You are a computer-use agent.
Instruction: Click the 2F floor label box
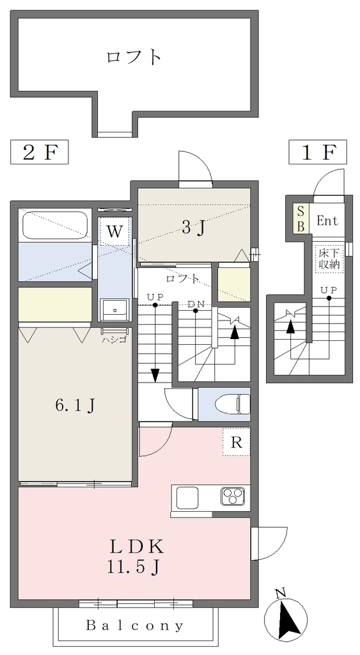39,153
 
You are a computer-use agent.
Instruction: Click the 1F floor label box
318,153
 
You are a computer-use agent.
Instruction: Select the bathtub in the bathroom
55,226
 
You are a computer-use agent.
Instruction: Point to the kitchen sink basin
187,498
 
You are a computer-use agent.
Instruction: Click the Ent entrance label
327,221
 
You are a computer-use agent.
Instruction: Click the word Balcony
134,626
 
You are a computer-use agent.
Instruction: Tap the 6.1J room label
75,405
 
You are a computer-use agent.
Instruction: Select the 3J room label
194,228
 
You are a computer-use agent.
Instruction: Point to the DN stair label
196,304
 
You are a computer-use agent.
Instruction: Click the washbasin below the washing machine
114,310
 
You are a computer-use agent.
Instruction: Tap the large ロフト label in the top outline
134,57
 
